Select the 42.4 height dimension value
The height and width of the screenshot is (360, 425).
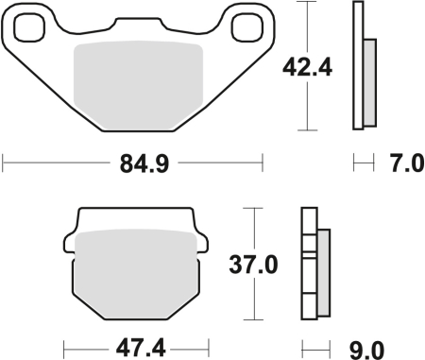306,68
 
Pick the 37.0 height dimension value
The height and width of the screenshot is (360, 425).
258,266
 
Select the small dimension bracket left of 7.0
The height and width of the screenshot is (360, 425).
360,166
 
